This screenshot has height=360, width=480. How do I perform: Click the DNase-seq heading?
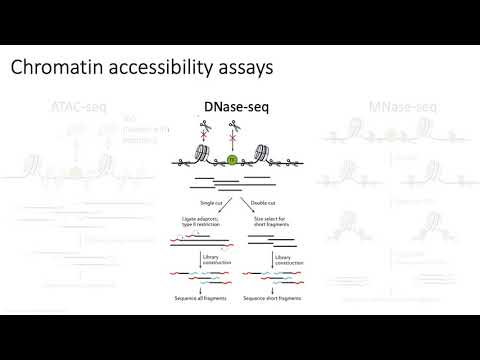(240, 105)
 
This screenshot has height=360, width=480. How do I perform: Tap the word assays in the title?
(233, 68)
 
